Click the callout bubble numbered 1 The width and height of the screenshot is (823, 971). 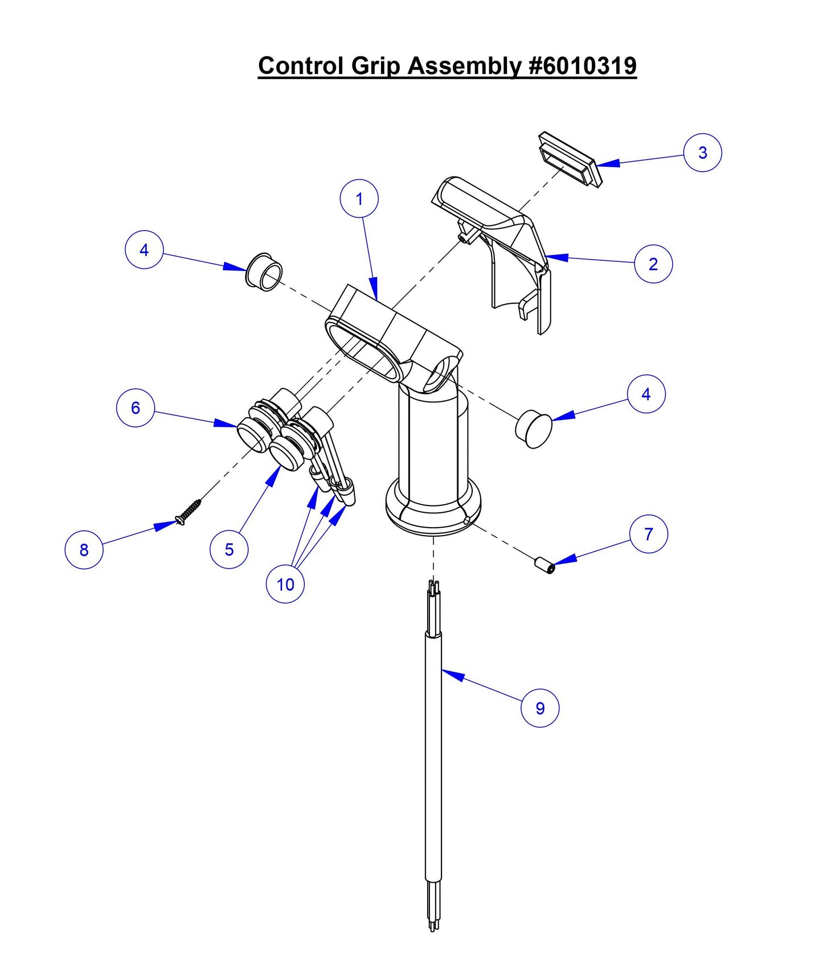[x=359, y=199]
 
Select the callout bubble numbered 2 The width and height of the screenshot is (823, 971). [x=653, y=264]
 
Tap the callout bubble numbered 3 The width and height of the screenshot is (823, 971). [x=702, y=153]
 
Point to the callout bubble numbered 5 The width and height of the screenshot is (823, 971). [x=229, y=549]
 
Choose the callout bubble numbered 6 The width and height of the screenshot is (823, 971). [x=136, y=408]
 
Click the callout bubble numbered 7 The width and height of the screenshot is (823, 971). [x=648, y=534]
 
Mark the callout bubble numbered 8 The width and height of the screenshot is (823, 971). [x=84, y=550]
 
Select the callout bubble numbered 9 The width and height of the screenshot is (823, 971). [x=540, y=708]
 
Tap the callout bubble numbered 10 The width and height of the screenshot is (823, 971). [x=285, y=584]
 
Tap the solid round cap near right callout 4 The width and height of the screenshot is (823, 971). [x=534, y=428]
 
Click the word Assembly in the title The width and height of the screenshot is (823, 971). [x=464, y=65]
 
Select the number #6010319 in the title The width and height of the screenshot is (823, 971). [x=582, y=65]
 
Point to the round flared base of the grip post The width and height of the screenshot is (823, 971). [x=433, y=512]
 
